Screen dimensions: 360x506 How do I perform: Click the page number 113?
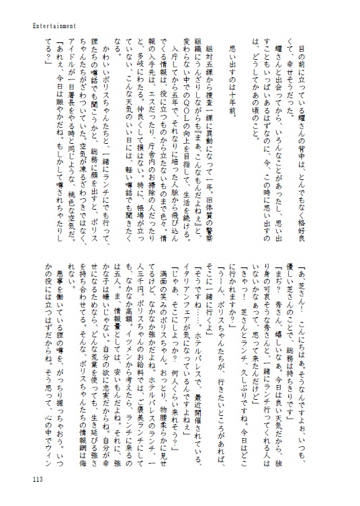(36, 478)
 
